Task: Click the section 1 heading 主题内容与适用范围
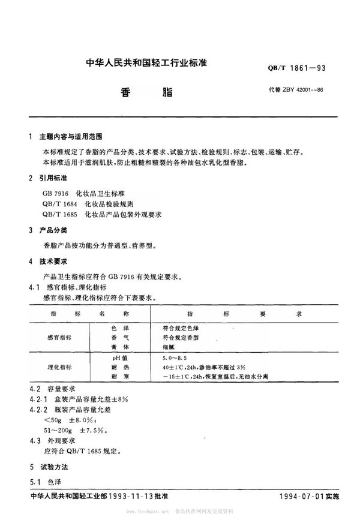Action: [70, 137]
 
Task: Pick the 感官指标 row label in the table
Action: [59, 338]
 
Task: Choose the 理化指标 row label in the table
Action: [59, 366]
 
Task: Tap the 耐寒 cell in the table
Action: [118, 375]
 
